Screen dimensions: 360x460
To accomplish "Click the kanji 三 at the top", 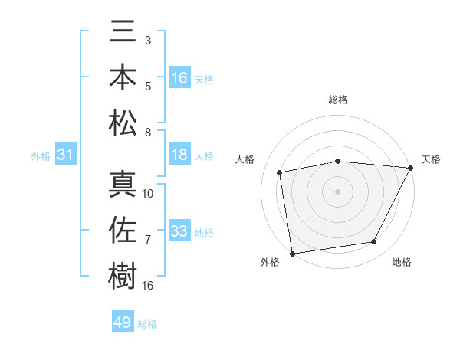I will point(123,34).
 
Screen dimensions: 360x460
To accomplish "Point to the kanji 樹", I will point(123,274).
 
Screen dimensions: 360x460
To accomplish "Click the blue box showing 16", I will point(179,78).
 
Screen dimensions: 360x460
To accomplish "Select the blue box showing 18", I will point(179,155).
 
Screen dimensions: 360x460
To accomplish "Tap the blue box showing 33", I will point(179,231).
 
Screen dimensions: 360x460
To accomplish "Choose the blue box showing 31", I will point(65,155).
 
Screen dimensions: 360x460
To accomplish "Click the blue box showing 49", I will point(123,322).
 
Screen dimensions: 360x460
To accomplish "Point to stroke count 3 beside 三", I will point(147,39).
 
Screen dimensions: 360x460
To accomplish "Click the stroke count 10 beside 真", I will point(148,193).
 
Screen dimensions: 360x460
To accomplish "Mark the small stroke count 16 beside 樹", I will point(148,286).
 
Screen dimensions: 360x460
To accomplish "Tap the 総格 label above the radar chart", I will point(337,100).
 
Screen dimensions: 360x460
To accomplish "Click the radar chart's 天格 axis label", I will point(431,159).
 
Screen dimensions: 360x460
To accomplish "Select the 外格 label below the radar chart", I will point(270,262).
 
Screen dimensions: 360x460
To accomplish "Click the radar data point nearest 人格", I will point(280,172).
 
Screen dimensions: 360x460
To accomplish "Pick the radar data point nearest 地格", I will point(374,242).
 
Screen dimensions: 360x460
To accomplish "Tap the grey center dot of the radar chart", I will point(337,191).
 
